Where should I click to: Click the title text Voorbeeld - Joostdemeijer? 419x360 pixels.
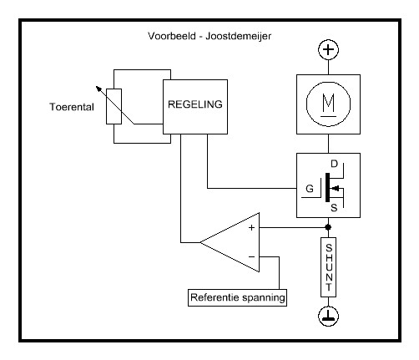click(209, 36)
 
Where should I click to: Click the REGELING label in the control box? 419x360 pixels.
click(195, 104)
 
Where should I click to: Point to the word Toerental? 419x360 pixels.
click(72, 107)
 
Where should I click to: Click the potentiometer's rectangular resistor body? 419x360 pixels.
click(114, 106)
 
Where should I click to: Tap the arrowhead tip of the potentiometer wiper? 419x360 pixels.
click(96, 86)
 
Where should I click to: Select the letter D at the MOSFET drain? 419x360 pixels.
click(334, 164)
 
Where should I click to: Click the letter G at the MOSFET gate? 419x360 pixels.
click(310, 189)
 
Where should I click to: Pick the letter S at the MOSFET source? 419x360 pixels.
click(334, 208)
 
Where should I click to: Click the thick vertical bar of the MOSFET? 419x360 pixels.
click(327, 187)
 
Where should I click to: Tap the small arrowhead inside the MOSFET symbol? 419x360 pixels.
click(335, 189)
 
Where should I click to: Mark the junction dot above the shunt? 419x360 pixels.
click(328, 227)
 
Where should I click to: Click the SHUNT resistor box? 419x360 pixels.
click(328, 267)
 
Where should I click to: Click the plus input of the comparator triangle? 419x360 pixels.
click(251, 228)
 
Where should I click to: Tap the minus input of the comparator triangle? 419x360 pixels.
click(251, 256)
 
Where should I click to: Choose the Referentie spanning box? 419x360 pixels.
click(237, 297)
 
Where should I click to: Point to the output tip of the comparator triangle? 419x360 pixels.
click(200, 242)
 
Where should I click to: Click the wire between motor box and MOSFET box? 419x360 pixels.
click(328, 144)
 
